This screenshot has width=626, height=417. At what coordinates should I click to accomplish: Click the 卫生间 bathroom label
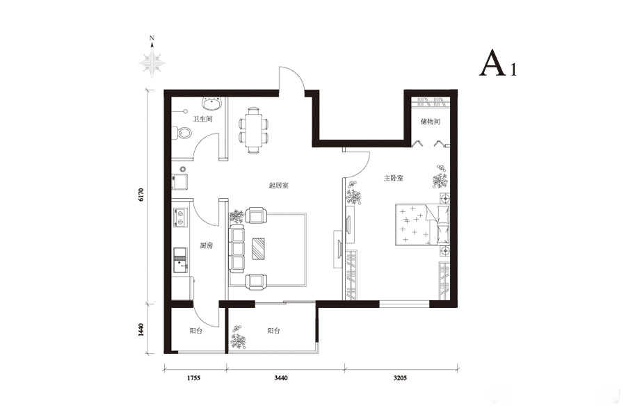coord(202,119)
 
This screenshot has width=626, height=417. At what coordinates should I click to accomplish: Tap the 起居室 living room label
coord(279,186)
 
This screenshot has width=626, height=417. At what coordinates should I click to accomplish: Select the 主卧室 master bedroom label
coord(393,178)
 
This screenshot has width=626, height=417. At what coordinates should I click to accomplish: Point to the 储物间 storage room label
coord(431,122)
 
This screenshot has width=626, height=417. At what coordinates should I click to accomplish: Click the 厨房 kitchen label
coord(207,246)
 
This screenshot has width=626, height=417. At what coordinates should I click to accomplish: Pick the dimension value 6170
coord(141,195)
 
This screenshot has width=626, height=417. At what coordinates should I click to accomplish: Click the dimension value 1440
coord(141,329)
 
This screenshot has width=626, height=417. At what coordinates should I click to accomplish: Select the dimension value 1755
coord(193,378)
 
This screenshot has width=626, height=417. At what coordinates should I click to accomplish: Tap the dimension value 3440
coord(281,378)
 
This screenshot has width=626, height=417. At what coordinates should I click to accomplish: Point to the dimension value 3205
coord(400,378)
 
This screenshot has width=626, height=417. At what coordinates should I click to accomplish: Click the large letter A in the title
coord(492,63)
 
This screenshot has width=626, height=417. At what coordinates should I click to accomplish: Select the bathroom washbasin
coord(212,104)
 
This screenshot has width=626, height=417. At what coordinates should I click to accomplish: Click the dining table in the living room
coord(253,131)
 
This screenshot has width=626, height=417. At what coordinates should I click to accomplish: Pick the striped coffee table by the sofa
coord(259,248)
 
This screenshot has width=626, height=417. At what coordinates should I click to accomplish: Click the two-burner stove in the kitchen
coord(179,218)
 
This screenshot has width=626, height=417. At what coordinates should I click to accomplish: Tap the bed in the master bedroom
coord(423,224)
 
